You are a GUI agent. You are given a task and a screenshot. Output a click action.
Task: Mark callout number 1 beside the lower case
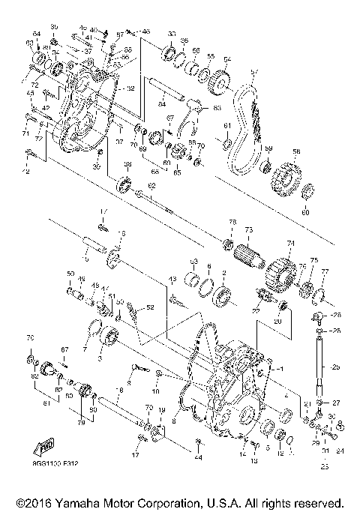(281, 370)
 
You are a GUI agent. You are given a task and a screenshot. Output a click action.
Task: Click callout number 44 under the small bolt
(197, 457)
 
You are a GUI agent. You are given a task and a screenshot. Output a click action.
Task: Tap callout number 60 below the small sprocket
(305, 212)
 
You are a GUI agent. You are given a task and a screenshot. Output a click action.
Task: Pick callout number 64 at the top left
(36, 34)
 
